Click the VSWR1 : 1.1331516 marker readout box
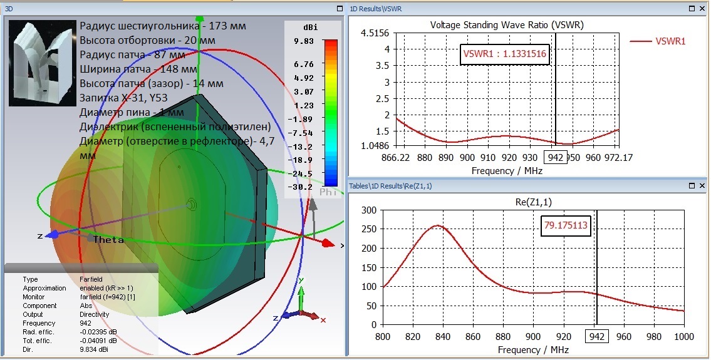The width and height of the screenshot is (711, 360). point(504,54)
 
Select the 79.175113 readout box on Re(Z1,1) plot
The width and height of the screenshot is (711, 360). point(566,226)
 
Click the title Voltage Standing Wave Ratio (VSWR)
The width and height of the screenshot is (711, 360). point(507,25)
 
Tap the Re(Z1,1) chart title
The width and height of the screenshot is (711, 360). point(533,201)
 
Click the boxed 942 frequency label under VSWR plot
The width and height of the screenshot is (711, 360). point(555,158)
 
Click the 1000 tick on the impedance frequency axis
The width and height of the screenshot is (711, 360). point(683,337)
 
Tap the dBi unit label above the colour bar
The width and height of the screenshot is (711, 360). point(309,28)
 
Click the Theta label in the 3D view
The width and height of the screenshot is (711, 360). point(105,240)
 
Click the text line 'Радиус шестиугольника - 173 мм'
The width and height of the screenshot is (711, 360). point(163,26)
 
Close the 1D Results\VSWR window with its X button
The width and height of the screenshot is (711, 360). point(702,9)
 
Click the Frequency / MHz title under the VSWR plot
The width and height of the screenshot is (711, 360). point(507,170)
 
